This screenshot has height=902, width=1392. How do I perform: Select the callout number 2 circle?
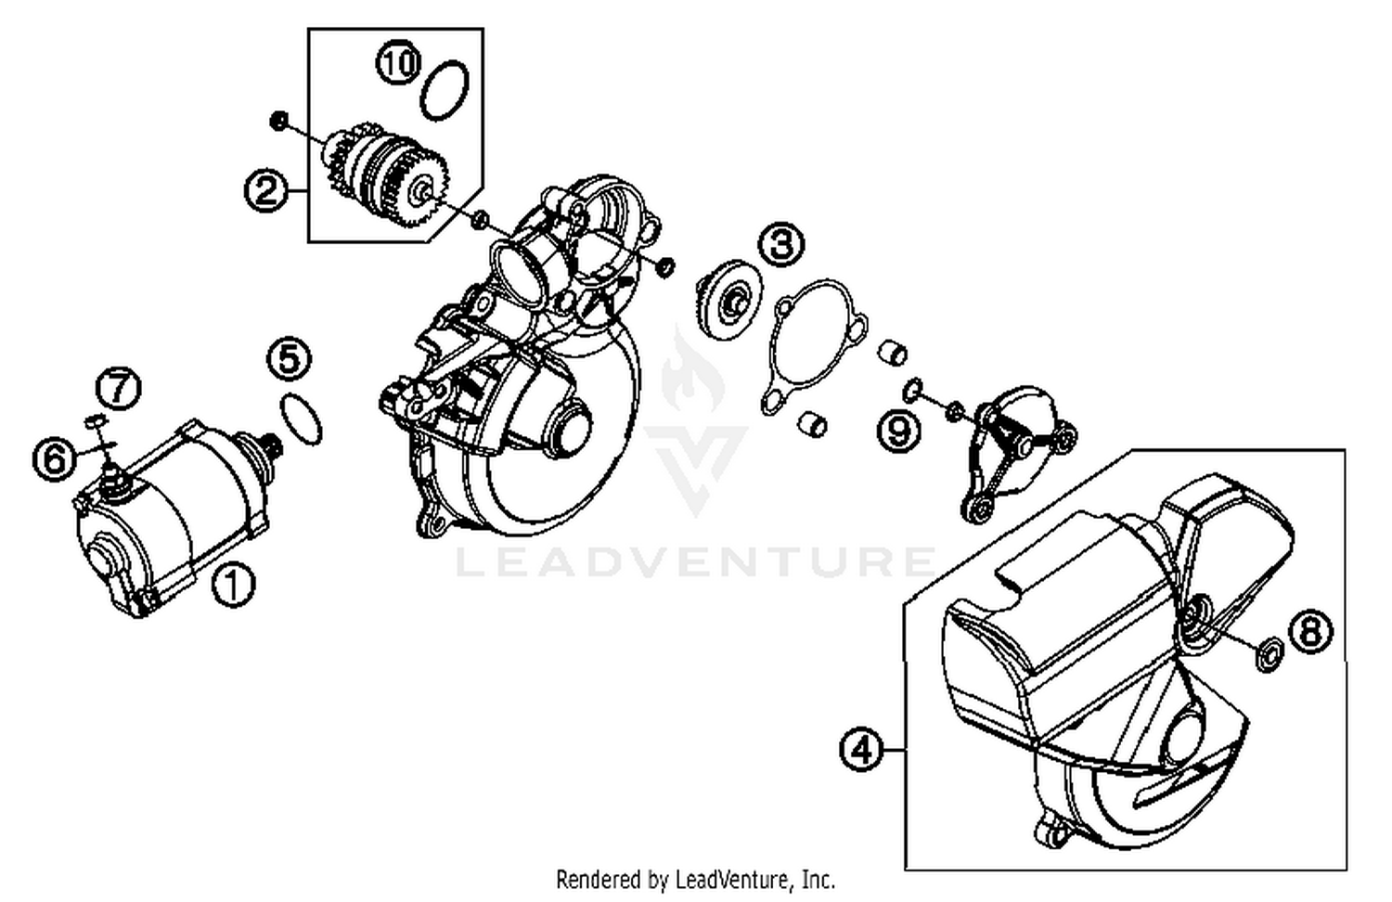[266, 190]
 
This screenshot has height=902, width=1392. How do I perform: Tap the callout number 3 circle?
[782, 245]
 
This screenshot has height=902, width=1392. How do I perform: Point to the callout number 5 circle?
[290, 359]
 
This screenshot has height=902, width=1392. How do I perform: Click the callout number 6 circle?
[55, 458]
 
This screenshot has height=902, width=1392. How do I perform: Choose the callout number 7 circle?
[120, 388]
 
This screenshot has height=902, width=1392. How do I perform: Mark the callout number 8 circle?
[1309, 632]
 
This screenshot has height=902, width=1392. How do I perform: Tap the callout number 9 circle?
[899, 431]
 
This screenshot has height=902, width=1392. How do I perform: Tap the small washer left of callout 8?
[1267, 654]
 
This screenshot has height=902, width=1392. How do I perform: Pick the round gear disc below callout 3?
[728, 296]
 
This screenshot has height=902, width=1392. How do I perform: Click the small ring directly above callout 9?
[913, 387]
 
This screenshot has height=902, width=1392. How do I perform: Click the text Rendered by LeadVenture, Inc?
[695, 878]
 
